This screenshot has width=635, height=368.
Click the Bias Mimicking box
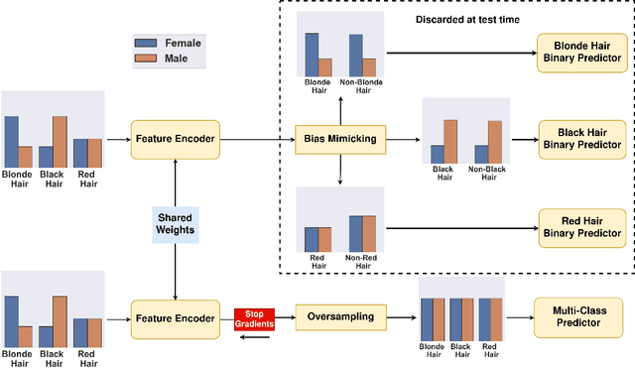point(340,139)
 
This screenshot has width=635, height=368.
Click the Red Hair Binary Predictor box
point(581,227)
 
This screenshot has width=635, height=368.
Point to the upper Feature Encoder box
point(175,139)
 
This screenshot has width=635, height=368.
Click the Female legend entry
point(170,43)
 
